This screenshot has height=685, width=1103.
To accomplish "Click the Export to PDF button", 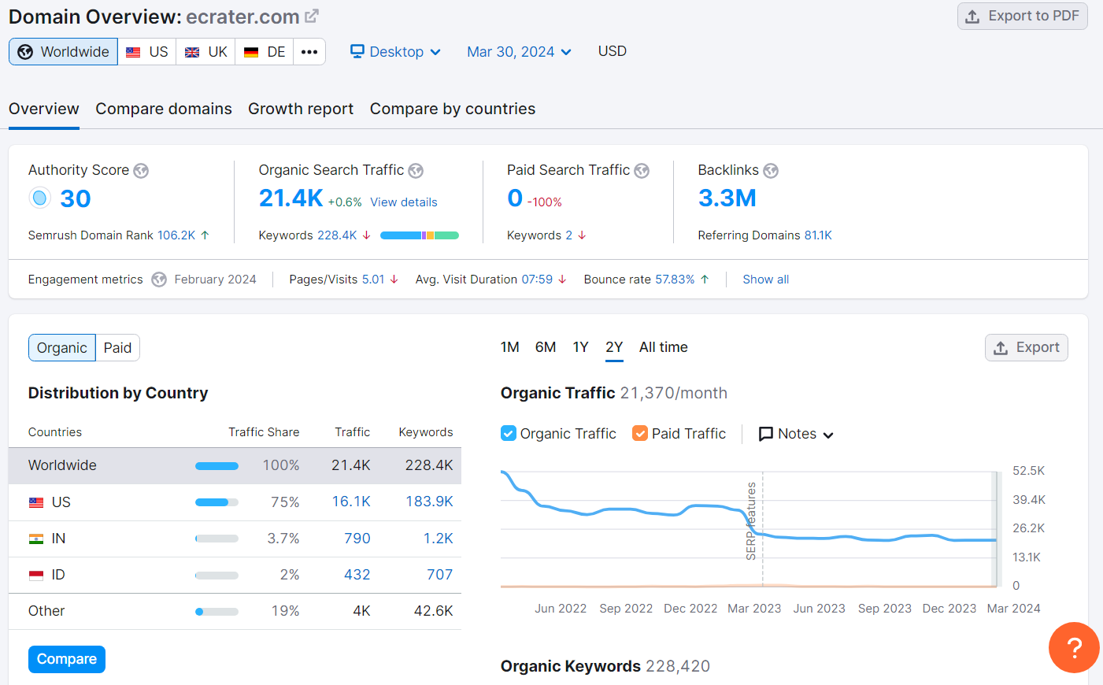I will (1022, 16).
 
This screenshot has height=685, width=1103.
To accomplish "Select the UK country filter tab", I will (206, 52).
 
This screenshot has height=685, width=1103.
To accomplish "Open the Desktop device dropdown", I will (395, 52).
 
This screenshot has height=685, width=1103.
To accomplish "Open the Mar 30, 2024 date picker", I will (519, 52).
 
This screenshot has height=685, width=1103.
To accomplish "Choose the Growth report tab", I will (301, 109).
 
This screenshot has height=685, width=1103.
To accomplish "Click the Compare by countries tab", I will (453, 109).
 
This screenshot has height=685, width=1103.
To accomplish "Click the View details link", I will (404, 202).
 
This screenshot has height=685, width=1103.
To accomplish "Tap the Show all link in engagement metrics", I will (765, 280).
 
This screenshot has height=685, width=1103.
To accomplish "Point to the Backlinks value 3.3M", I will (727, 198).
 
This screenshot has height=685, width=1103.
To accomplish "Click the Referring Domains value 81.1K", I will (818, 235).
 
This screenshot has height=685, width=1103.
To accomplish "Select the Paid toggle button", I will (117, 348).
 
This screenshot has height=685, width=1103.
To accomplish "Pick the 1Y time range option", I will (580, 347).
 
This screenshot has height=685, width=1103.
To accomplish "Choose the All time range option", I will (663, 347).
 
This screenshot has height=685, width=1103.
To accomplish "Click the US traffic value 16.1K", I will (351, 502).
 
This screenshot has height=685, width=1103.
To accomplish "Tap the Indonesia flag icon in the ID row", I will (36, 576).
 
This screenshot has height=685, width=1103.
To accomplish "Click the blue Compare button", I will (67, 659).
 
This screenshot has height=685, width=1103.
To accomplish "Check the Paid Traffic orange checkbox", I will (640, 434).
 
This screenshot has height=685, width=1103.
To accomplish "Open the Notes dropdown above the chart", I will (796, 434).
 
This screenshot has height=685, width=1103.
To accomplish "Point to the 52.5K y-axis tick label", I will (1028, 471).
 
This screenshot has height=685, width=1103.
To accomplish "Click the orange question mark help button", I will (1073, 647).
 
